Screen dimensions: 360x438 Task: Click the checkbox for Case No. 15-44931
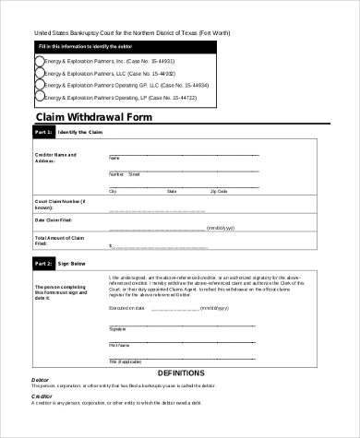click(x=38, y=61)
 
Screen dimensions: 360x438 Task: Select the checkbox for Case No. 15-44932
click(x=38, y=73)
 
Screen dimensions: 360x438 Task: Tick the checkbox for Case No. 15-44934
click(x=38, y=84)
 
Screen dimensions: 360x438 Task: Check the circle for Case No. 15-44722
click(x=38, y=96)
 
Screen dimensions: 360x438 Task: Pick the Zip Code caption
click(x=219, y=191)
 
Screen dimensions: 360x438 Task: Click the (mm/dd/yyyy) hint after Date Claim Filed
click(x=222, y=227)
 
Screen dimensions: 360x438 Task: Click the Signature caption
click(x=118, y=329)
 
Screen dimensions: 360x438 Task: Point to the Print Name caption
click(x=119, y=345)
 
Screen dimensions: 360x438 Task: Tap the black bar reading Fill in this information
click(x=83, y=45)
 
